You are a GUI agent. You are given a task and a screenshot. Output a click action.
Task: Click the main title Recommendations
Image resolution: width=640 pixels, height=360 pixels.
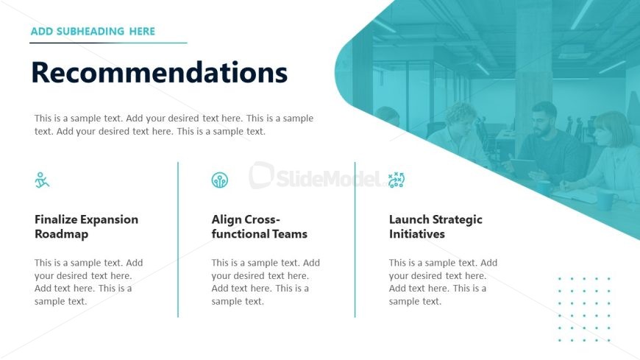pos(159,72)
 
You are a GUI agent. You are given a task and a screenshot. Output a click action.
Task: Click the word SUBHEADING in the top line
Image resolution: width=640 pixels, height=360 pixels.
pos(90,32)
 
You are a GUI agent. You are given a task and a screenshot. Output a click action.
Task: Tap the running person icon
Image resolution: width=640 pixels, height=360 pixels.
pos(42,180)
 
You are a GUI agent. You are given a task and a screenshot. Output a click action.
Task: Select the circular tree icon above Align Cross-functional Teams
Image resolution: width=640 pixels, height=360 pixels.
pos(220,180)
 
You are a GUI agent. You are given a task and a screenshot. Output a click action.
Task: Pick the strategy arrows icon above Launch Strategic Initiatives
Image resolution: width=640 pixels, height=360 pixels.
pos(397,180)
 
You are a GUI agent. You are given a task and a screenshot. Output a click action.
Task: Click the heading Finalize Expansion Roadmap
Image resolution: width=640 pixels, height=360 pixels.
pos(86,226)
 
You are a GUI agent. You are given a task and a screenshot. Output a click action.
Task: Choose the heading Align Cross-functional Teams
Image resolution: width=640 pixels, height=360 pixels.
pos(259,226)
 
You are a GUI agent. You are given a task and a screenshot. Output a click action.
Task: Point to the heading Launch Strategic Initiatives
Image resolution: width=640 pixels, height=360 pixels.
pos(435,226)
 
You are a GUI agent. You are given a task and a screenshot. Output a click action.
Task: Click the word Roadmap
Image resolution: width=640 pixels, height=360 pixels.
pos(61,234)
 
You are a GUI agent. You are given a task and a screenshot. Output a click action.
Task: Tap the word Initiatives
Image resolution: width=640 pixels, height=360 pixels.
pos(416,234)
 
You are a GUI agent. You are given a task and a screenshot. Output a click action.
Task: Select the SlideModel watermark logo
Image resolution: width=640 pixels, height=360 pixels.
pos(316,176)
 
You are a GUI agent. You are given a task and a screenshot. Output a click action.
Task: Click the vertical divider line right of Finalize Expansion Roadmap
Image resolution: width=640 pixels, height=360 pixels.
pos(178,239)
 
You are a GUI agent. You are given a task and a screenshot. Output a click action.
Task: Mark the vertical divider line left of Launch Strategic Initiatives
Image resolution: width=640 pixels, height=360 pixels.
pos(355,239)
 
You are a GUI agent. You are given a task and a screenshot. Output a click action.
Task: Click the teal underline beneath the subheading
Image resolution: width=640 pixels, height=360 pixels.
pos(108,43)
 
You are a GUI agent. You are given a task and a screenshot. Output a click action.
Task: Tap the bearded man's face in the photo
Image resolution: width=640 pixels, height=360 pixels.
pos(544,124)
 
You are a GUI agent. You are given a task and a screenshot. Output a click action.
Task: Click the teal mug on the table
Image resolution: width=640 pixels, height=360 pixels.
pos(605,201)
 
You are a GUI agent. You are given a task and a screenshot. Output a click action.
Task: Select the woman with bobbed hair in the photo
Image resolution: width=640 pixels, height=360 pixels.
pos(608,155)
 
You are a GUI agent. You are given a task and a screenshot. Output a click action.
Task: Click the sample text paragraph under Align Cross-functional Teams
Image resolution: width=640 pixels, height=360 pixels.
pos(266,282)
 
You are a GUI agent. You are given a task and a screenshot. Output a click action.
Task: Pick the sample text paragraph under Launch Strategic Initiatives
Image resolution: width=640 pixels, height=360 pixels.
pos(443,282)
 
